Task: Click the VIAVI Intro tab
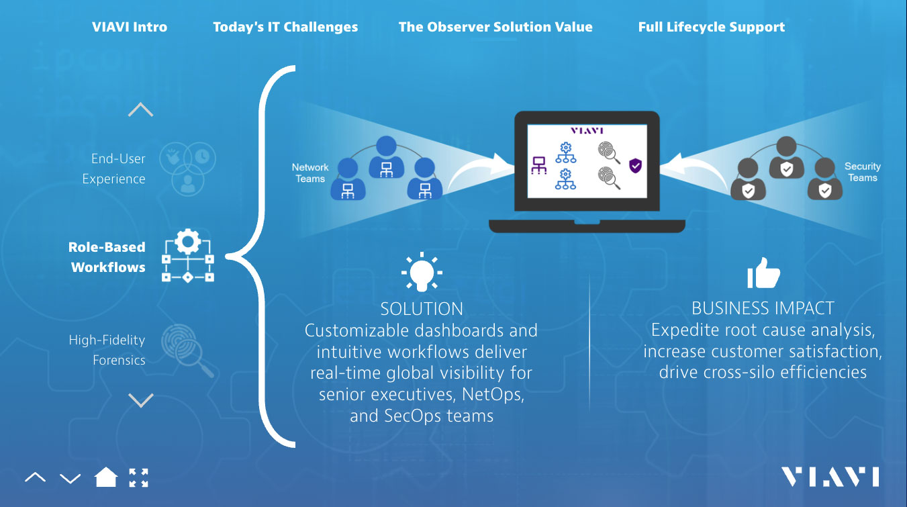[x=129, y=27]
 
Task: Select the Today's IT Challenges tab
[x=285, y=27]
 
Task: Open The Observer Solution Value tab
[x=495, y=27]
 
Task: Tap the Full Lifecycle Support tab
[x=712, y=27]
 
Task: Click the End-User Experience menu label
[x=113, y=169]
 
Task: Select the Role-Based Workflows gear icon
[x=188, y=256]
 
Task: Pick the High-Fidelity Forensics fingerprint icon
[x=187, y=351]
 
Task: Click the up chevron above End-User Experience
[x=140, y=109]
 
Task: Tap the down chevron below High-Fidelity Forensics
[x=140, y=400]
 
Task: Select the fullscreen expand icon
[x=138, y=478]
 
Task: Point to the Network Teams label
[x=310, y=173]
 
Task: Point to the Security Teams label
[x=863, y=172]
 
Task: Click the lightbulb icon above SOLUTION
[x=422, y=272]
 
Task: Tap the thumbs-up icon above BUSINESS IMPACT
[x=763, y=273]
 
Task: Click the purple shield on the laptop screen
[x=635, y=166]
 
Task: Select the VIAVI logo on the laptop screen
[x=587, y=130]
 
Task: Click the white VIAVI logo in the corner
[x=830, y=477]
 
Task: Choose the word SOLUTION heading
[x=422, y=309]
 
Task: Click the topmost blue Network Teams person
[x=386, y=157]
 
